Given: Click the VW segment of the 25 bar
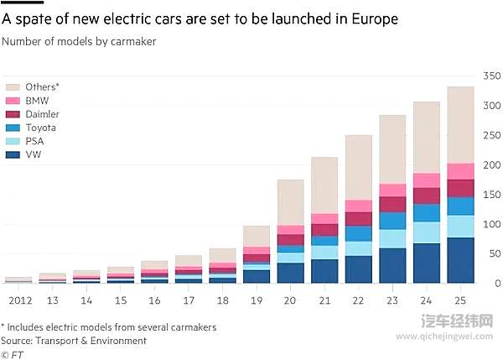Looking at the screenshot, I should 459,261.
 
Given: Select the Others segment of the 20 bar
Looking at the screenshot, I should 289,202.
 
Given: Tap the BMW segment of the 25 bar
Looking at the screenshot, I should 459,171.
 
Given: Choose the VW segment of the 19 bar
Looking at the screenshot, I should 256,276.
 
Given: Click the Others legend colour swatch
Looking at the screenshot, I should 13,86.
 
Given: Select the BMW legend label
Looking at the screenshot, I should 38,101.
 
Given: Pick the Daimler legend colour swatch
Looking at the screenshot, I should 13,114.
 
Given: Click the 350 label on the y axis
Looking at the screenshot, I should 491,77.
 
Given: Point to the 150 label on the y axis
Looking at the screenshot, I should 491,195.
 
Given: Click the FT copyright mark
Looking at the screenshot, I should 14,354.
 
